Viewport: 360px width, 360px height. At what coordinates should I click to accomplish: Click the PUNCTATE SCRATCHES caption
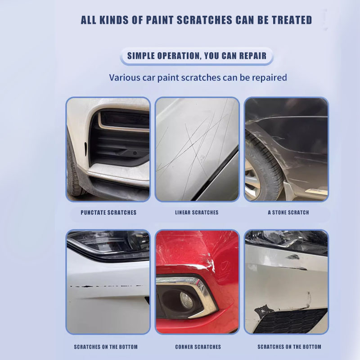(108, 212)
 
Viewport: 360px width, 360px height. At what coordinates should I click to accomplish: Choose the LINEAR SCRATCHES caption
(197, 212)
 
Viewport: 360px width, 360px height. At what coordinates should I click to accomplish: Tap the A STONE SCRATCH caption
(288, 212)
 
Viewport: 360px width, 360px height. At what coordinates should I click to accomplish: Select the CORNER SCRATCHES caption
(198, 346)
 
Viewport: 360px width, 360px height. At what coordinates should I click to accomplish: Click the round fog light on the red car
(186, 300)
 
